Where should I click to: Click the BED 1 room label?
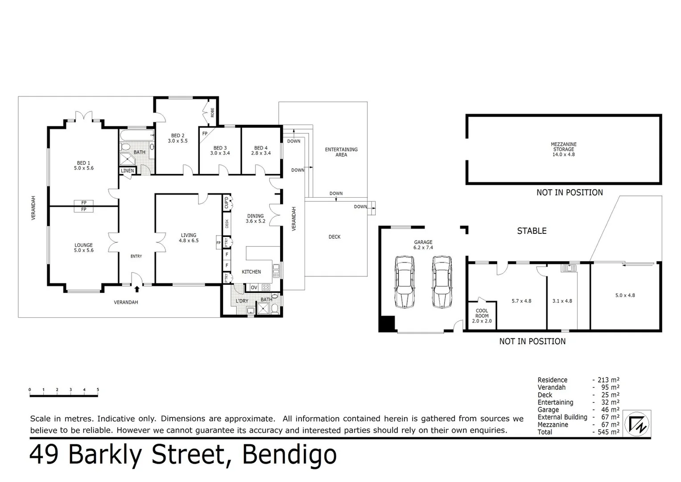pyautogui.click(x=83, y=166)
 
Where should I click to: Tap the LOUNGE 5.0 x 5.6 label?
pyautogui.click(x=83, y=248)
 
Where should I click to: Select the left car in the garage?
pyautogui.click(x=404, y=282)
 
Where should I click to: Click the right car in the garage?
pyautogui.click(x=441, y=282)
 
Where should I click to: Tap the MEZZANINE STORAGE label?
pyautogui.click(x=563, y=150)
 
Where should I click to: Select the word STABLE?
pyautogui.click(x=532, y=231)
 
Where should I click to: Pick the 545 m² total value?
pyautogui.click(x=608, y=432)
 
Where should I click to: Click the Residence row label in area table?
pyautogui.click(x=552, y=380)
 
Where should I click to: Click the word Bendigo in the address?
pyautogui.click(x=289, y=454)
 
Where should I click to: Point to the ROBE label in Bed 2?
pyautogui.click(x=212, y=112)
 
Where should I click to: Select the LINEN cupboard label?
pyautogui.click(x=127, y=170)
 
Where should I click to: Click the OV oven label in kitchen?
pyautogui.click(x=254, y=287)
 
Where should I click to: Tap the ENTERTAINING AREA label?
pyautogui.click(x=341, y=152)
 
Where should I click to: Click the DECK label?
pyautogui.click(x=334, y=237)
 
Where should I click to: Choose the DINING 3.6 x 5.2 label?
pyautogui.click(x=256, y=218)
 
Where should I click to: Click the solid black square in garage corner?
pyautogui.click(x=387, y=324)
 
